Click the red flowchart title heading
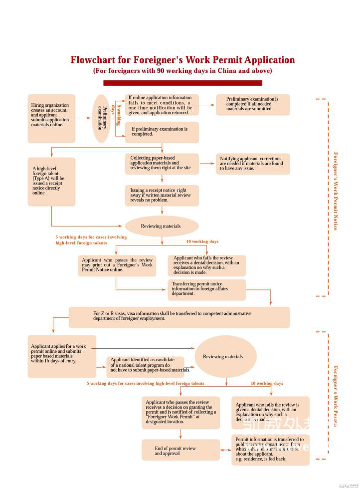click(182, 60)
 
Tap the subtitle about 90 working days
click(182, 71)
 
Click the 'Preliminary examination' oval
click(102, 118)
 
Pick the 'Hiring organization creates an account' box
click(52, 118)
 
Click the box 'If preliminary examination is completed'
click(162, 132)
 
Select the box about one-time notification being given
click(162, 105)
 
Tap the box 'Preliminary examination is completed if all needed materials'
click(253, 104)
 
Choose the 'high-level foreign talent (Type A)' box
click(51, 182)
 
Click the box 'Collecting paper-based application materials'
click(162, 164)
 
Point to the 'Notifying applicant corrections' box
click(253, 164)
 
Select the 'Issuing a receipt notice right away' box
click(162, 195)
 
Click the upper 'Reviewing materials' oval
click(162, 226)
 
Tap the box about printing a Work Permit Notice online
click(117, 265)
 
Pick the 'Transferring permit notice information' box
click(206, 289)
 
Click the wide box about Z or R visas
click(179, 316)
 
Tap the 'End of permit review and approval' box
click(180, 450)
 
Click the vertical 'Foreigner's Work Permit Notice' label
click(336, 191)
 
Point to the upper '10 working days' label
click(202, 242)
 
